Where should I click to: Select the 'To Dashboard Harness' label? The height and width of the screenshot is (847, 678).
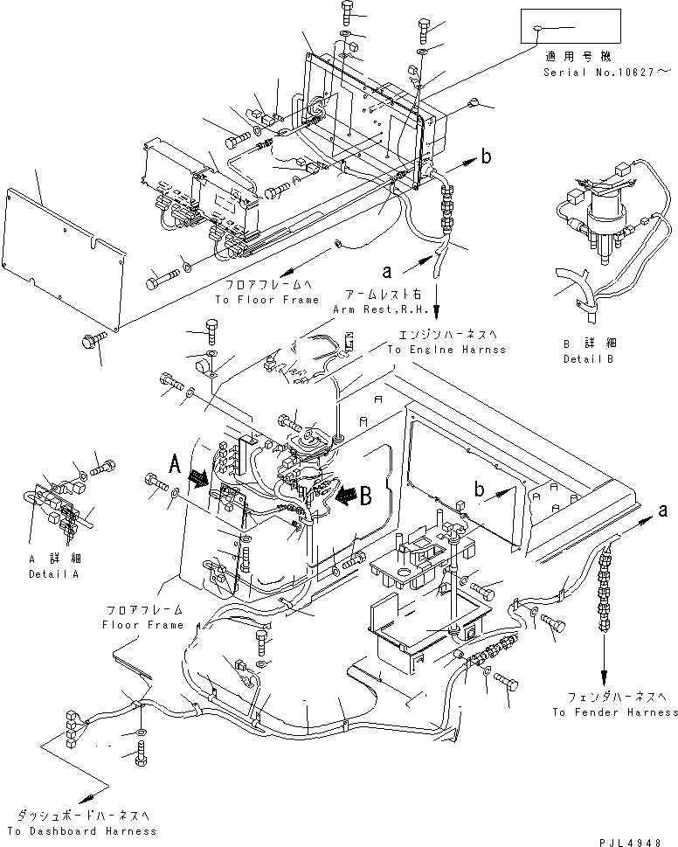81,830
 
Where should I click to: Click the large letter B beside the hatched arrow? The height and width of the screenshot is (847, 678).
365,496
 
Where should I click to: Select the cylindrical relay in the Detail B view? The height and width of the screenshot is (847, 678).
600,214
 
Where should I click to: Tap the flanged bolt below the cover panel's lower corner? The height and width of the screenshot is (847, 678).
92,337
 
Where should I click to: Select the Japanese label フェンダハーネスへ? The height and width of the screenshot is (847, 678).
615,697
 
